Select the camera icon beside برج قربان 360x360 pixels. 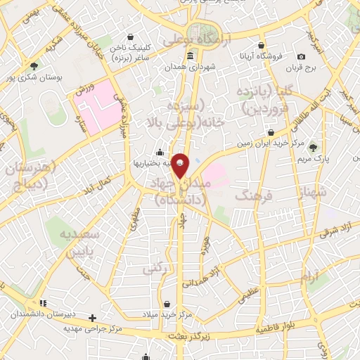pos(302,56)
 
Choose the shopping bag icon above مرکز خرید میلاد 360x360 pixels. pos(167,304)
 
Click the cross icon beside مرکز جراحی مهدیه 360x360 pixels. pos(92,318)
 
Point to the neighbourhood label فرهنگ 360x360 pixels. pos(252,195)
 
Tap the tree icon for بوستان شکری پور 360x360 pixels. pos(34,65)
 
